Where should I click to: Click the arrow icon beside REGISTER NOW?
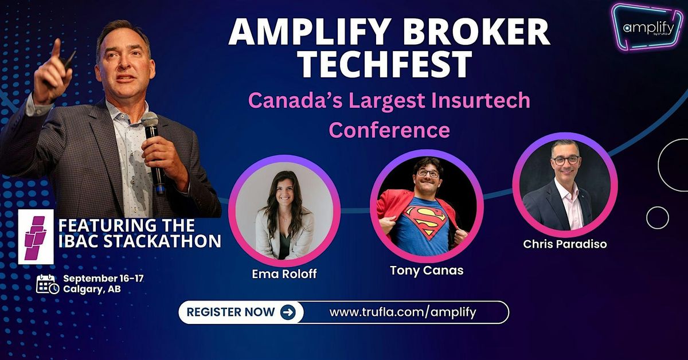click(x=288, y=312)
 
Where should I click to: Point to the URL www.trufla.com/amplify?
click(x=402, y=312)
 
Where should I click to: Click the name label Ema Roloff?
click(x=284, y=274)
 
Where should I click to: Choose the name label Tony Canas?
click(x=427, y=271)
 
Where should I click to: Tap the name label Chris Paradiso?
click(x=565, y=244)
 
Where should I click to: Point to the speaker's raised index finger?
click(x=56, y=49)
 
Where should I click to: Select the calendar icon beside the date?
click(x=47, y=284)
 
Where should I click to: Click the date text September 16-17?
click(x=103, y=279)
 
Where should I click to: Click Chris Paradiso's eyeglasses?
click(x=565, y=160)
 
